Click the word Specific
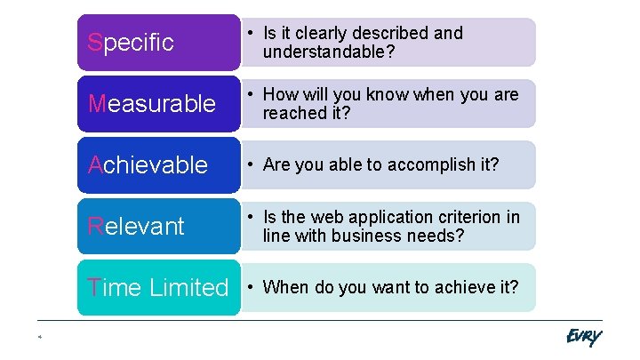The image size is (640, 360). (x=131, y=43)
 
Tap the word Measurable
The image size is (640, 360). (x=152, y=104)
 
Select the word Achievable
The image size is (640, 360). (x=148, y=164)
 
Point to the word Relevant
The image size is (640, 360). (x=136, y=226)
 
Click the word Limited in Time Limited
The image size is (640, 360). (x=188, y=287)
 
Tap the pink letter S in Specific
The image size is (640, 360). (x=95, y=43)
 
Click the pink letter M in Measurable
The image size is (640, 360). (x=98, y=104)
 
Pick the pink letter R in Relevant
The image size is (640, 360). (x=96, y=226)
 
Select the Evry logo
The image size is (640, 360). (x=583, y=336)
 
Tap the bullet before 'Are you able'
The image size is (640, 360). (x=252, y=164)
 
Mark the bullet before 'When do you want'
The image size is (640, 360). (x=252, y=286)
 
